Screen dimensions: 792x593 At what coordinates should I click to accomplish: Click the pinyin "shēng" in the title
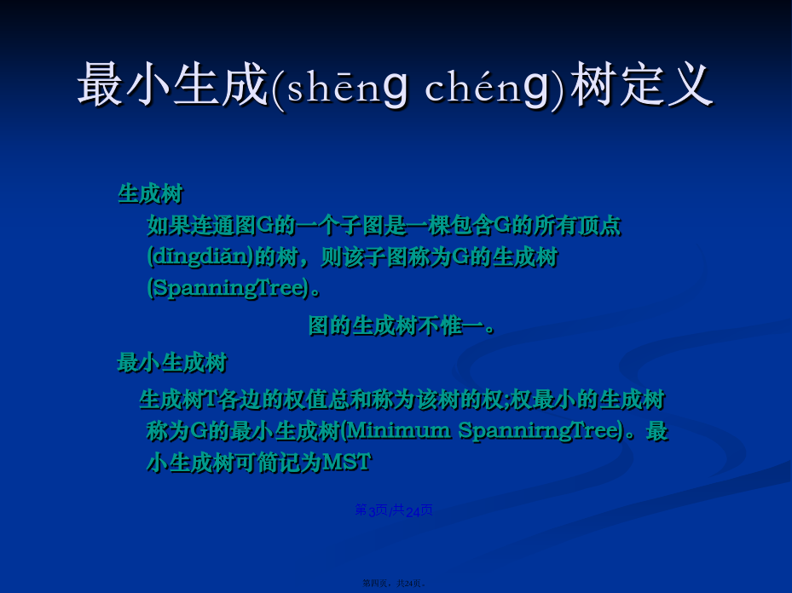click(x=348, y=86)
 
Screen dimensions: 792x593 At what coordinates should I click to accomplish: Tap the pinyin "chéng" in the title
click(x=487, y=86)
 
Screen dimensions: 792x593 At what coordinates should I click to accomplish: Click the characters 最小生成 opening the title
click(x=173, y=84)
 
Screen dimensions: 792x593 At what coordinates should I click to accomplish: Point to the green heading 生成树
click(x=151, y=193)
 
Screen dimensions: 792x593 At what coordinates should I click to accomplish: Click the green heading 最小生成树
click(x=172, y=362)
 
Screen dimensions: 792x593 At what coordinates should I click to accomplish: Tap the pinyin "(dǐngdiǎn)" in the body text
click(x=200, y=257)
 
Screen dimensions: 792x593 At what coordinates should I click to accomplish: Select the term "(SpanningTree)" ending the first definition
click(x=228, y=288)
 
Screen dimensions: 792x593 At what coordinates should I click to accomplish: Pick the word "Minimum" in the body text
click(x=398, y=430)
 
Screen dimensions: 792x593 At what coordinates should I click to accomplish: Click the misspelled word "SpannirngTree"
click(x=540, y=431)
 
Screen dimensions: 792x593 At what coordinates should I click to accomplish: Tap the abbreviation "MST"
click(x=346, y=462)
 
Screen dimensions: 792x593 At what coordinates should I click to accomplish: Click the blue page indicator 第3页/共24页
click(x=394, y=510)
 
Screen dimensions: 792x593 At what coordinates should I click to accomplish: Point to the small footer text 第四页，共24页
click(x=394, y=584)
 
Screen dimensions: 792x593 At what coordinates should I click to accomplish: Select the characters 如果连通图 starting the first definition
click(x=201, y=226)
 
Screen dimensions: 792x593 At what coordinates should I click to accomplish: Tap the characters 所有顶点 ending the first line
click(x=578, y=226)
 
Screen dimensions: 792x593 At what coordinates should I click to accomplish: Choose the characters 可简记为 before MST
click(x=278, y=462)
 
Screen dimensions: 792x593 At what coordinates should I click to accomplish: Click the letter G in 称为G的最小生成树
click(x=199, y=431)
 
